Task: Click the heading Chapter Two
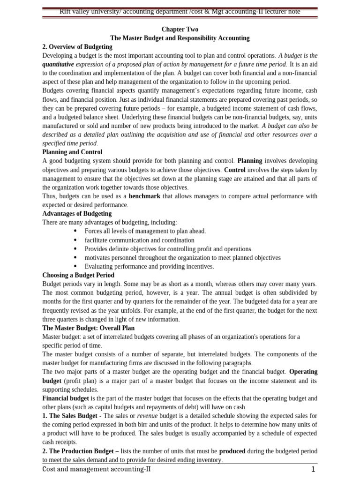click(x=180, y=30)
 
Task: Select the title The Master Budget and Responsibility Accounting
click(x=180, y=38)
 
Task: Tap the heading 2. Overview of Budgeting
click(x=77, y=47)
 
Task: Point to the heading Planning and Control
click(x=72, y=152)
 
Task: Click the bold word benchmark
click(x=144, y=196)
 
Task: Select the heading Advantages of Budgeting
click(x=77, y=214)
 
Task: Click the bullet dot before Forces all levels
click(x=76, y=231)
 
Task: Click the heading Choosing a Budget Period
click(x=78, y=275)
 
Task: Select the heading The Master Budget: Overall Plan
click(x=88, y=328)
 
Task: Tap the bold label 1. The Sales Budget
click(x=71, y=416)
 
